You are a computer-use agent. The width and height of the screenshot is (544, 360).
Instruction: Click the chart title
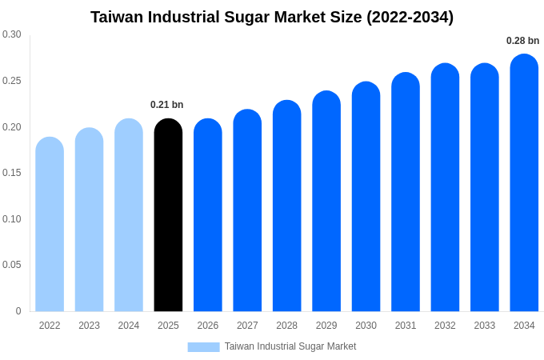point(272,17)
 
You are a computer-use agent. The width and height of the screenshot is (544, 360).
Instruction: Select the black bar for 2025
point(168,216)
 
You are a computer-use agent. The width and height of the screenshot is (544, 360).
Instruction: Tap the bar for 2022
point(50,225)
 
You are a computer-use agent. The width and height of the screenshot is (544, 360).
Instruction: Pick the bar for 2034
point(524,184)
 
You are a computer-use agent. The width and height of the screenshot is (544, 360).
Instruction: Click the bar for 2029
point(326,202)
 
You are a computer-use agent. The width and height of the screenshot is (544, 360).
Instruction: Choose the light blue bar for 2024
point(129,216)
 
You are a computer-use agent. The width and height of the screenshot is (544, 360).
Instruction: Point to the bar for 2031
point(406,193)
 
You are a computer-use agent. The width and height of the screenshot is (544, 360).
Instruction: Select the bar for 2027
point(247,211)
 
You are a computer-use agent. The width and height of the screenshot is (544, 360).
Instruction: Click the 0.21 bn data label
point(166,105)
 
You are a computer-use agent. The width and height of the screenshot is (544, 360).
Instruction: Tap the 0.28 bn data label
point(522,41)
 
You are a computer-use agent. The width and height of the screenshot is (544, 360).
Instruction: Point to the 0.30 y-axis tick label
point(12,34)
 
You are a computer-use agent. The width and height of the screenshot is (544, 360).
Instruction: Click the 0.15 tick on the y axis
point(12,173)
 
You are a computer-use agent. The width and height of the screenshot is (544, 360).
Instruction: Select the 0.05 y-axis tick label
point(12,265)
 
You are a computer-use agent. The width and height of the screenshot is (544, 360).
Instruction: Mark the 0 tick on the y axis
point(18,311)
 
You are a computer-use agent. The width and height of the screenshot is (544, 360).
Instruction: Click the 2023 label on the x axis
point(89,326)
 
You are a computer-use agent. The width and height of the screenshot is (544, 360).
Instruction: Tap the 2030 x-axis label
point(366,326)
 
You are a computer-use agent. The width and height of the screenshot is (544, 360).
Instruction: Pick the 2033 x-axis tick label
point(484,326)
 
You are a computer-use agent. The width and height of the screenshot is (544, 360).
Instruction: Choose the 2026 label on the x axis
point(208,326)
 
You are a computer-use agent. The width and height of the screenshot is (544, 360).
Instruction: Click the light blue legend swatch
point(203,346)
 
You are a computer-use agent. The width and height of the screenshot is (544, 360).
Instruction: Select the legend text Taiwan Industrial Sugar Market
point(290,346)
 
